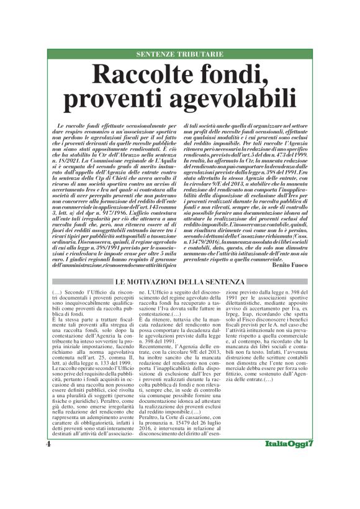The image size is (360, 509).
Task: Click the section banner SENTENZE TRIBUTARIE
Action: (179, 54)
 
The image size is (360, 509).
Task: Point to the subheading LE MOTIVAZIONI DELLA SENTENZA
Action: (179, 283)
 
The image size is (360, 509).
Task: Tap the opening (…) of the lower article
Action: (57, 292)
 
